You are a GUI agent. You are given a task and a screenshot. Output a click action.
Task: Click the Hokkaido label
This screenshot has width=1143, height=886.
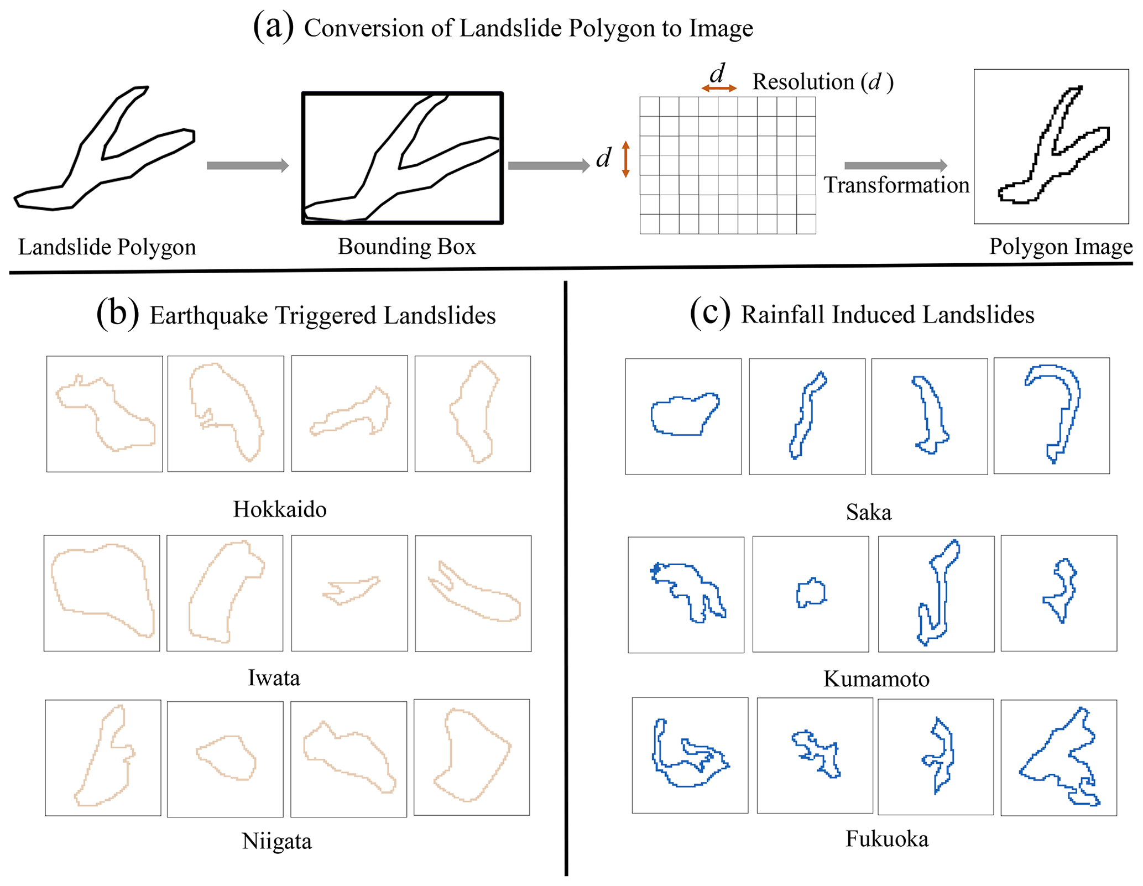tap(279, 509)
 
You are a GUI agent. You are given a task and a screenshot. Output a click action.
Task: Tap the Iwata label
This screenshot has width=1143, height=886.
tap(274, 677)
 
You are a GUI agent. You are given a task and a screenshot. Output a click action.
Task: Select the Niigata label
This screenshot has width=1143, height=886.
tap(276, 841)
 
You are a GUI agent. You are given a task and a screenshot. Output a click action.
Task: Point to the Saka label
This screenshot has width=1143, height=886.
tap(868, 512)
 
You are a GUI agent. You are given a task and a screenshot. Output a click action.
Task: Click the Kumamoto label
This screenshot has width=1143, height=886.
tap(876, 679)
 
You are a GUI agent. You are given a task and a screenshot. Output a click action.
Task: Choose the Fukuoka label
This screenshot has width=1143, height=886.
tap(886, 839)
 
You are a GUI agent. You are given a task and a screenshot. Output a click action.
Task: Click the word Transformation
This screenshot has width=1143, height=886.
tap(896, 185)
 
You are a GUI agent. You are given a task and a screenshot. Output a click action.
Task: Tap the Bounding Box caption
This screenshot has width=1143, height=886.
tap(406, 247)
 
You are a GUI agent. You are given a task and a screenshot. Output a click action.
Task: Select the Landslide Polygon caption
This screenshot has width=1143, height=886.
tap(107, 247)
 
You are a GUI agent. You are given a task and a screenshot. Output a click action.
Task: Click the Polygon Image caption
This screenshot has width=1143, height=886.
tap(1060, 247)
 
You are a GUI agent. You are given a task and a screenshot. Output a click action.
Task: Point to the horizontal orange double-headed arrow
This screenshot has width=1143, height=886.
tap(719, 88)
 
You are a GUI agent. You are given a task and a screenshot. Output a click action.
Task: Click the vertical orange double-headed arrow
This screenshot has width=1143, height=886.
tap(625, 159)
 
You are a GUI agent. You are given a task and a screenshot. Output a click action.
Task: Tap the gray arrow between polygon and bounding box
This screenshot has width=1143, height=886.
tap(247, 165)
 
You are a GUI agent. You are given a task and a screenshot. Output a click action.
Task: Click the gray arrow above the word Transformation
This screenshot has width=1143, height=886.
tap(895, 165)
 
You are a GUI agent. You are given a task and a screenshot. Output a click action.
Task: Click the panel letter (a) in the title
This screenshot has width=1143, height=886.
tap(273, 27)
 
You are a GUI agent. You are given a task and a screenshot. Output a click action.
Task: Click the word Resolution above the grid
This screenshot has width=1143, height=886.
tap(803, 82)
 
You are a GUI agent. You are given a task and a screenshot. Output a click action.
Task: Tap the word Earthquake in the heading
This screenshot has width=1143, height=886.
tap(208, 316)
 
